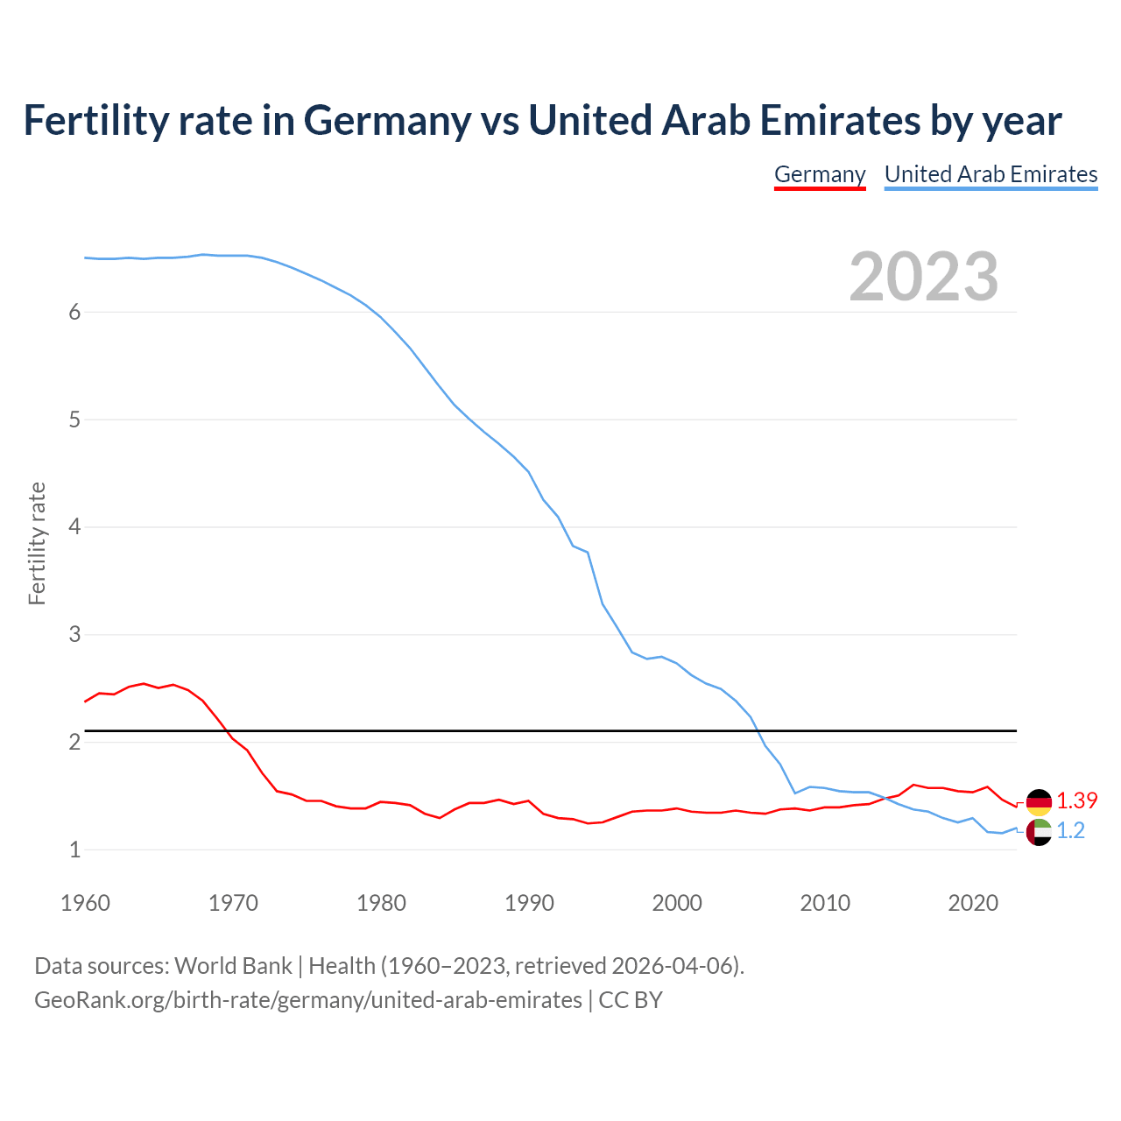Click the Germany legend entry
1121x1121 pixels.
820,174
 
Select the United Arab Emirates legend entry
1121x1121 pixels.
991,174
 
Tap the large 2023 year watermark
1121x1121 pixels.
923,277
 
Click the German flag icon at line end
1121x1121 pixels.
1039,802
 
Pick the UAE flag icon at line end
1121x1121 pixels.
1039,832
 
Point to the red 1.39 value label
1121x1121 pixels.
1076,801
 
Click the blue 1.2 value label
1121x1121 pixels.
1070,831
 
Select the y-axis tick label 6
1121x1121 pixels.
74,313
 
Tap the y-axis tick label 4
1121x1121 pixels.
74,527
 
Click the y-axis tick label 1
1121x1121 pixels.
74,850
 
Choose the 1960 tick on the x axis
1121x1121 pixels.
85,903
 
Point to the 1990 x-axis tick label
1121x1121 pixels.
529,903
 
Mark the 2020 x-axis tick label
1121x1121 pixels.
973,903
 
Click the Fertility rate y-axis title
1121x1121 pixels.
37,543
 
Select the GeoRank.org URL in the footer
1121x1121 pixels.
307,1000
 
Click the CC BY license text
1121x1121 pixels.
631,1000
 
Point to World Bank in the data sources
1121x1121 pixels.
233,966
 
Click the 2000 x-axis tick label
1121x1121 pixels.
677,903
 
